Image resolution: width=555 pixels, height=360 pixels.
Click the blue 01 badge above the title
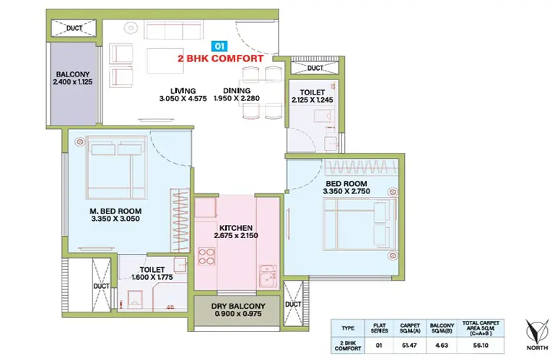pos(219,46)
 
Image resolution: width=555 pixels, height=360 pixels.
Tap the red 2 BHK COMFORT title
pos(221,58)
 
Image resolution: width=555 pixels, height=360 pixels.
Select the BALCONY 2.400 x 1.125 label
pos(73,78)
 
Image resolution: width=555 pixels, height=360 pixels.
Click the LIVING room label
pos(183,91)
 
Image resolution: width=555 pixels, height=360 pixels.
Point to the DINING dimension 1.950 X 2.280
pos(237,98)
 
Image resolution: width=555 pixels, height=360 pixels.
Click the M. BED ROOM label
pos(115,211)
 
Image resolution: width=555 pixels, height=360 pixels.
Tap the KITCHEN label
pos(236,228)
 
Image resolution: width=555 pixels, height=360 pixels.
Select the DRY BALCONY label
pos(238,306)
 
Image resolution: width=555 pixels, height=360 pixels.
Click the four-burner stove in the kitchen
pos(206,256)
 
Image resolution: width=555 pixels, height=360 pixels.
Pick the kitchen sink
pos(268,276)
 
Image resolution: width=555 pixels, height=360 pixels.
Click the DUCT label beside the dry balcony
pos(293,304)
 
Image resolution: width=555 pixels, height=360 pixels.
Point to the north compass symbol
pos(536,332)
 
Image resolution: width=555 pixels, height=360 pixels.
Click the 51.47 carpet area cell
pos(409,345)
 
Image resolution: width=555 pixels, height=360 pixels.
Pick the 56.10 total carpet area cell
pos(481,345)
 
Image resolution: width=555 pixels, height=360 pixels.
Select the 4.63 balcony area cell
pos(442,345)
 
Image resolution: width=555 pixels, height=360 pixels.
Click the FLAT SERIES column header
pos(379,328)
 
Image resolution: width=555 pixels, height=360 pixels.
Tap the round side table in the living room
pos(131,27)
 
